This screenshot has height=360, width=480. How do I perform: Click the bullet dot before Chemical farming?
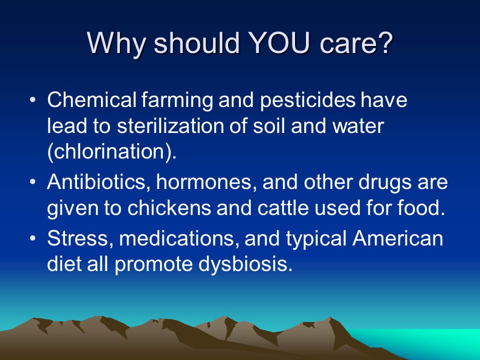(33, 100)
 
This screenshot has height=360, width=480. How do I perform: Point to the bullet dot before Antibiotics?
(33, 182)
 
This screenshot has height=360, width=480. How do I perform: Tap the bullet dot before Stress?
(33, 238)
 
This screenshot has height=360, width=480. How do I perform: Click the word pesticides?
(307, 100)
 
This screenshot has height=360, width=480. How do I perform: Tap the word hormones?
(204, 182)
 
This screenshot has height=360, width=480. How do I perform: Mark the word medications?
(176, 238)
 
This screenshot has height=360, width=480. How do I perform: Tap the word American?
(397, 238)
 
